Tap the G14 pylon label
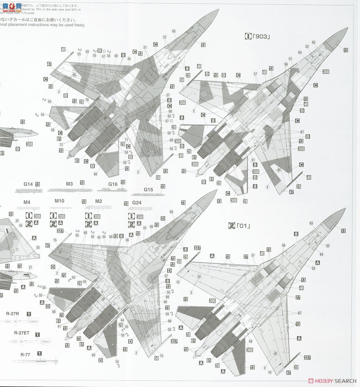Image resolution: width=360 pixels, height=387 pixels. pos(28,184)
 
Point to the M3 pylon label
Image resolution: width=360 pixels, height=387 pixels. pos(69,184)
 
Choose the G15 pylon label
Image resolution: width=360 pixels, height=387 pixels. pos(148,190)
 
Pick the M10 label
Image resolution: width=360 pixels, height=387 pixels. pos(59,201)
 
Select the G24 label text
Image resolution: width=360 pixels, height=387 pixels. pos(137,203)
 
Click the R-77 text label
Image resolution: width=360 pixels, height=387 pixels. pos(25,355)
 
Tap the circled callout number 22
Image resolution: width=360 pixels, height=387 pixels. pos(165,37)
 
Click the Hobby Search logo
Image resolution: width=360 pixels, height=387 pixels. pos(332,380)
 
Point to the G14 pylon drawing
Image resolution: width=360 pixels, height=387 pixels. pos(29,190)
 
